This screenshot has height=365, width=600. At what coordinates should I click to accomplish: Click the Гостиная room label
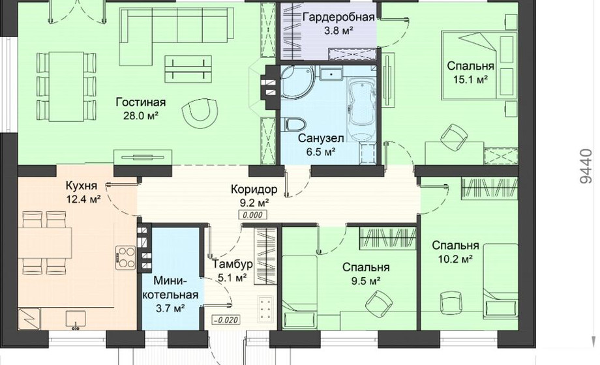tap(141, 102)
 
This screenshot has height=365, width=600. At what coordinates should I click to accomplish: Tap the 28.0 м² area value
tap(141, 116)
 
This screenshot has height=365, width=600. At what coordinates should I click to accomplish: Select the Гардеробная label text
tap(338, 17)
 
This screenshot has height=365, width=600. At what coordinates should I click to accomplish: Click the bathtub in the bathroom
tap(362, 109)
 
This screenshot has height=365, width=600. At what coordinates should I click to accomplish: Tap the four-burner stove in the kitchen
tap(125, 257)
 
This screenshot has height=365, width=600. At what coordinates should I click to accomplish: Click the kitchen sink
tap(76, 320)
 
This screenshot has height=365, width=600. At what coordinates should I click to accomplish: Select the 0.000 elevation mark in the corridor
tap(252, 215)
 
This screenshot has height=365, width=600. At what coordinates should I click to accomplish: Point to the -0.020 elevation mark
tap(226, 320)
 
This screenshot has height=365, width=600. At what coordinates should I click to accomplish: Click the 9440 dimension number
tap(586, 166)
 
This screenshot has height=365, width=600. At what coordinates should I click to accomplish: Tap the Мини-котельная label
tap(172, 287)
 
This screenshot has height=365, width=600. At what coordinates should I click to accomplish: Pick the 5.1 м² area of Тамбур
tap(232, 278)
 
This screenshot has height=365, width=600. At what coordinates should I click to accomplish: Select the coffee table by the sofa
tap(188, 69)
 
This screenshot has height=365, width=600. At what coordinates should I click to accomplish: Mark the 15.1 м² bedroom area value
tap(471, 80)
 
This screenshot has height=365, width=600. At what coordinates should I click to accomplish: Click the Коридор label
tap(254, 189)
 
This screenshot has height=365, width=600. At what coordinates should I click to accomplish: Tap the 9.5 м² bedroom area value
tap(366, 281)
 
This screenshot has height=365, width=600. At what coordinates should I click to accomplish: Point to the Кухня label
tap(82, 186)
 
